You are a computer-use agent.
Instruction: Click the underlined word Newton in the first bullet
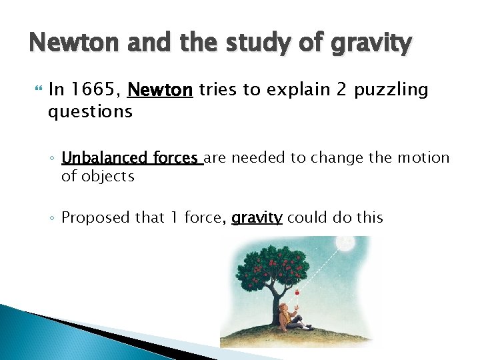(160, 90)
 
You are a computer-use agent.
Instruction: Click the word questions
(90, 111)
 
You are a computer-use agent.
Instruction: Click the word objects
(107, 177)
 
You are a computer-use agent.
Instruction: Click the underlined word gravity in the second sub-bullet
(257, 217)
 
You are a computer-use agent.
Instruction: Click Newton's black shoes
(309, 326)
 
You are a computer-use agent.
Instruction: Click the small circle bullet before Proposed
(52, 218)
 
